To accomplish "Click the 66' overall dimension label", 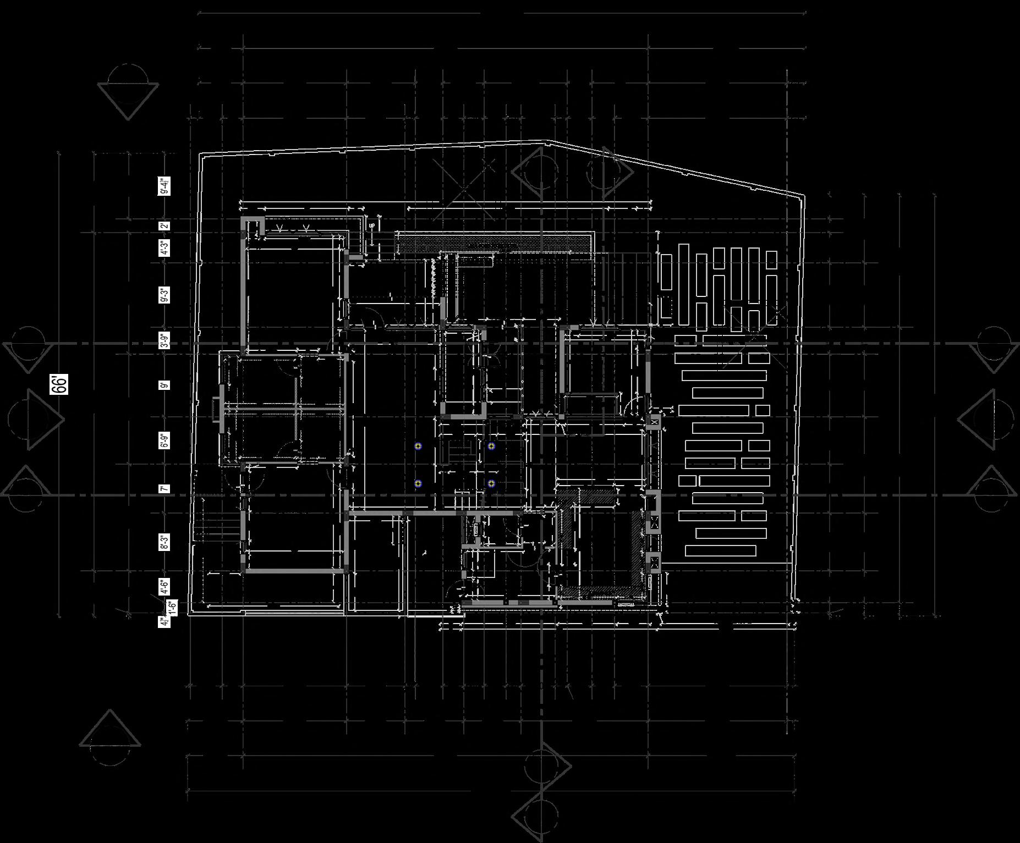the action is pos(59,384).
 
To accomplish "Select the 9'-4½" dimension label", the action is pos(164,186).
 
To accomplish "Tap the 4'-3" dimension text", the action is pos(164,248).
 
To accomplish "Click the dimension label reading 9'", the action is pos(164,385).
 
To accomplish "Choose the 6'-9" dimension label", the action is pos(164,440).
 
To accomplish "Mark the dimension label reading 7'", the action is pos(164,488).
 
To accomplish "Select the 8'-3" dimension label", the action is pos(164,542).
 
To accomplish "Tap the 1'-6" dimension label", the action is pos(172,606).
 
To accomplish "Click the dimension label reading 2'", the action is pos(164,225).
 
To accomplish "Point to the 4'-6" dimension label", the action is pos(164,587).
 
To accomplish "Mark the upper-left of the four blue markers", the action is pos(418,446).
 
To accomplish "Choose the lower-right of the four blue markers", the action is pos(491,484).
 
